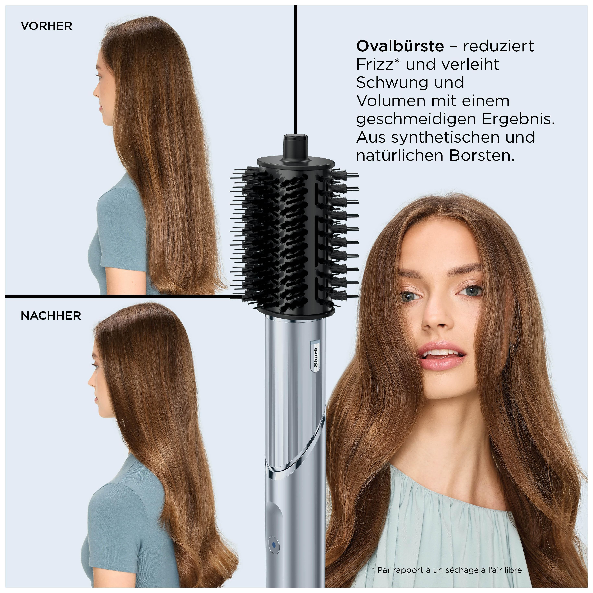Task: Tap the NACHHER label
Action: coord(51,315)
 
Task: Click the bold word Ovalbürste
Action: coord(400,46)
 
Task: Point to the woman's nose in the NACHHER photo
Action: coord(92,382)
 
